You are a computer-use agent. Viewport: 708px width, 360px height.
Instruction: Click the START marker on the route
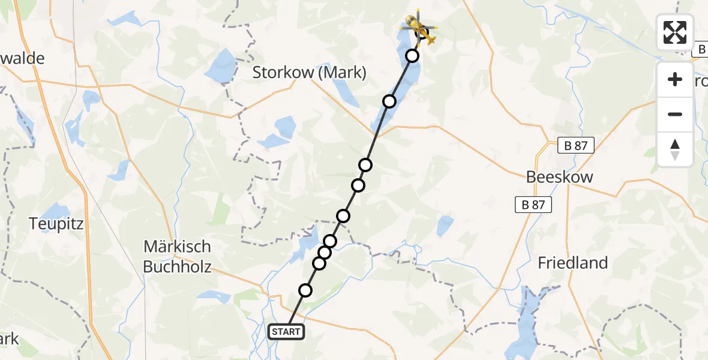(x=286, y=332)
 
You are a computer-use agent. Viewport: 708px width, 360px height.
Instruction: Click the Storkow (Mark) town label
(x=309, y=73)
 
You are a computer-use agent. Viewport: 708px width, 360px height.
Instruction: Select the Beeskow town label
(x=559, y=177)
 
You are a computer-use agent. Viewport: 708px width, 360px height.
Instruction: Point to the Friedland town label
(x=572, y=263)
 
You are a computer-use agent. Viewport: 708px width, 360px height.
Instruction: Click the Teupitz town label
(x=56, y=224)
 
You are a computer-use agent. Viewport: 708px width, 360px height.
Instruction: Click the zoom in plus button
(x=675, y=79)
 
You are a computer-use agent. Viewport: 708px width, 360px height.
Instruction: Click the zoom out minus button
(x=675, y=114)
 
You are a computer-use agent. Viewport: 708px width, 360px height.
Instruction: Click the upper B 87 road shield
(x=575, y=145)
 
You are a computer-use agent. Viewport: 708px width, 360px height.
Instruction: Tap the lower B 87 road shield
(x=533, y=205)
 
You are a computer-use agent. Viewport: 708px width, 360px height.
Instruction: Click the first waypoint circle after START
(x=305, y=290)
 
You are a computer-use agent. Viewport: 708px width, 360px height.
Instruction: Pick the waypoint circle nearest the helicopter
(x=412, y=56)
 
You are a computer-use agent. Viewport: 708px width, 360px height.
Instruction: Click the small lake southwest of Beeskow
(x=445, y=226)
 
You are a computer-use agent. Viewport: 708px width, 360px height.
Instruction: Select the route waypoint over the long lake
(x=389, y=101)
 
